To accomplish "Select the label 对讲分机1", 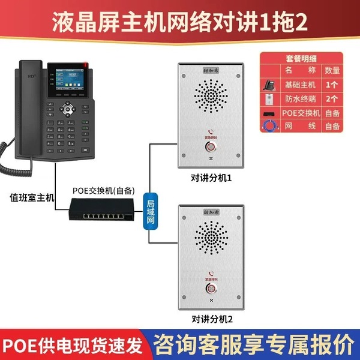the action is coord(211,178).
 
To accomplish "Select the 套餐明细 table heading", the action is coord(301,59).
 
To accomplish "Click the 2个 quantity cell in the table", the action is coord(332,98).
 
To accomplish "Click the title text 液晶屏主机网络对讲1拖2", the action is coord(180,22).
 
